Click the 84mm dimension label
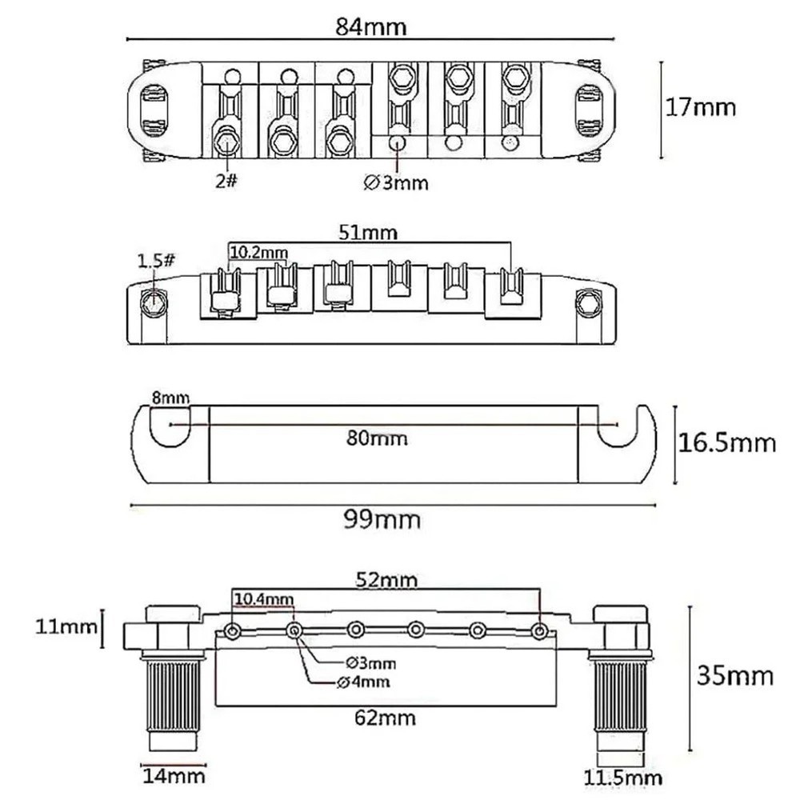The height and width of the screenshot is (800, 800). click(x=371, y=26)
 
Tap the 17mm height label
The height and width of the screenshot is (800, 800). click(x=701, y=107)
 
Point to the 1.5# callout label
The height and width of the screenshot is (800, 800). click(x=157, y=261)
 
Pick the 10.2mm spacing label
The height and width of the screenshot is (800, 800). click(x=258, y=253)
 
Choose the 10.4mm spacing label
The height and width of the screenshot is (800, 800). click(x=263, y=598)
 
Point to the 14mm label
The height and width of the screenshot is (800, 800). click(x=174, y=775)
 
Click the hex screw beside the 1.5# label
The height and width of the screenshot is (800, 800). click(x=152, y=302)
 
